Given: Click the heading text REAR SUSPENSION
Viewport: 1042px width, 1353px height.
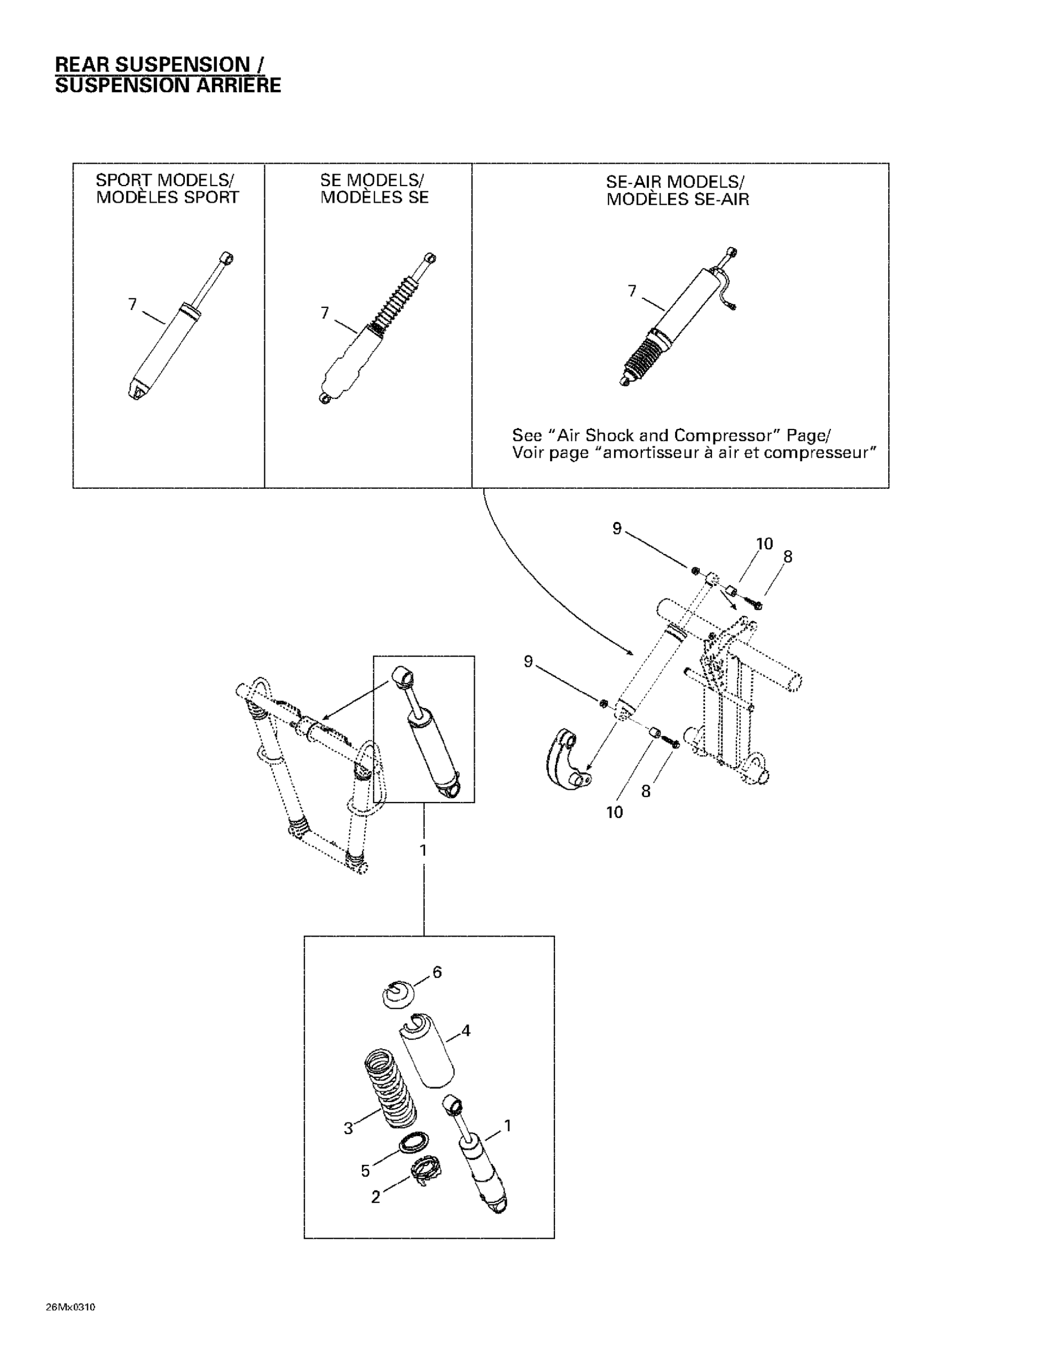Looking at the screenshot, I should pos(152,64).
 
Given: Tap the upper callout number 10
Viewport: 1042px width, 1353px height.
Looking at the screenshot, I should pos(764,544).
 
